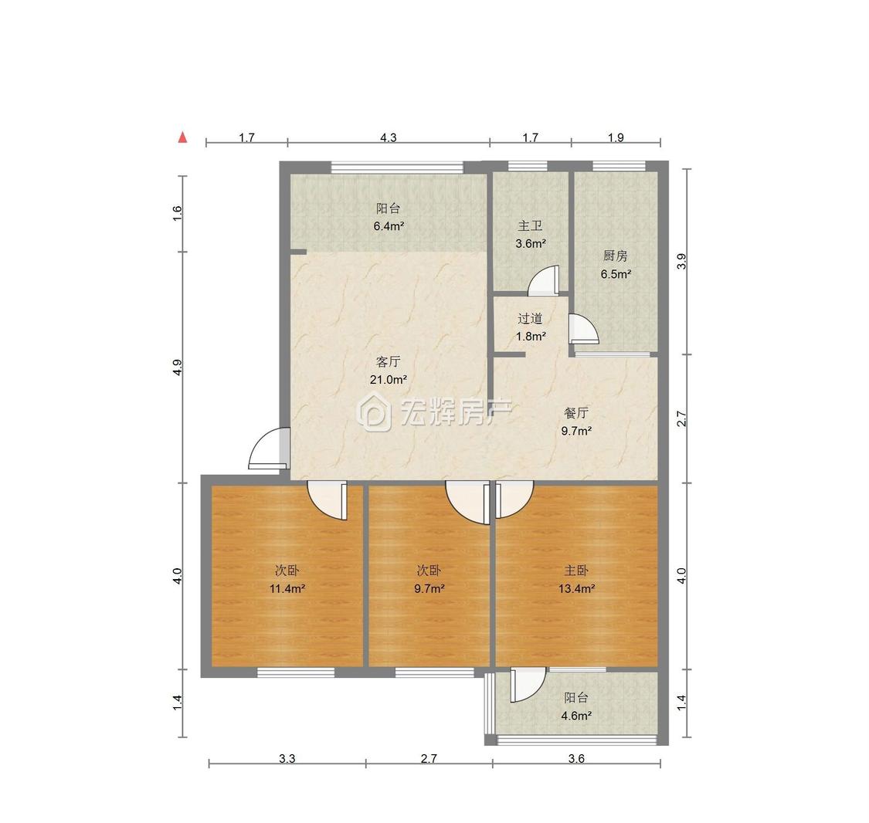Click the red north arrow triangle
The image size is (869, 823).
coord(182,137)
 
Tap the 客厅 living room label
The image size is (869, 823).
coord(388,362)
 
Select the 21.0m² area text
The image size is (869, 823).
coord(389,380)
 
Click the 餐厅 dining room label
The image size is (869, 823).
coord(576,413)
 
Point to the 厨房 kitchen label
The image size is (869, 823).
coord(615,256)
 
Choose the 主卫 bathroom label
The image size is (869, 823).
coord(530,226)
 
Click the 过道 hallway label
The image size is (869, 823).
coord(530,318)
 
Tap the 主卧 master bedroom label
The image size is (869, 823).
coord(576,571)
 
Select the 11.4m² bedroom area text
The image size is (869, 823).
coord(287,589)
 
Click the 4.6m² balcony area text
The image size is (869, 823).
coord(576,716)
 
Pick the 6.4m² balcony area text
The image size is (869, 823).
coord(389,226)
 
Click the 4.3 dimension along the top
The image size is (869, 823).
coord(389,137)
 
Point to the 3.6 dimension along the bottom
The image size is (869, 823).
coord(576,758)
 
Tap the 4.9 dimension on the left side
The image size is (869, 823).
coord(177,367)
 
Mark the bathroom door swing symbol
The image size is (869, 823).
coord(544,279)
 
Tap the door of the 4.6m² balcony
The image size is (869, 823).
coord(528,685)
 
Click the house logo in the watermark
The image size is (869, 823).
coord(374,411)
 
